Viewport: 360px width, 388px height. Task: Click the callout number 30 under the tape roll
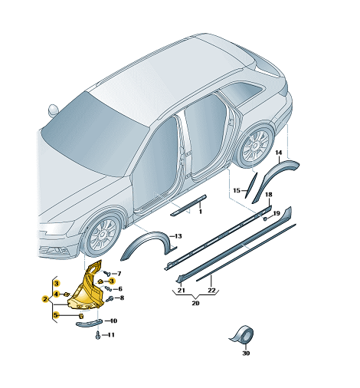(x=246, y=353)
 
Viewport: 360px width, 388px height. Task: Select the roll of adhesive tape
(x=243, y=334)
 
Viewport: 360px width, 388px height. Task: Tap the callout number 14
(x=279, y=153)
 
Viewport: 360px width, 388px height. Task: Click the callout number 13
(x=178, y=236)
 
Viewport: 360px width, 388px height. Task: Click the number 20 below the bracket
(x=195, y=303)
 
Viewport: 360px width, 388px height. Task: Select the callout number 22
(x=211, y=291)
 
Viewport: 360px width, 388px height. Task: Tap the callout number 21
(x=182, y=291)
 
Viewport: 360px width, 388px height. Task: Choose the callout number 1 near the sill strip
(x=201, y=212)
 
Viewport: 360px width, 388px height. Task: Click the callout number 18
(x=269, y=195)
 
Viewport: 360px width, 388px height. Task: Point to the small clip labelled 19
(x=265, y=219)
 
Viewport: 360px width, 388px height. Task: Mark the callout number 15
(x=237, y=190)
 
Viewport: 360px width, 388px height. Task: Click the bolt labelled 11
(x=98, y=335)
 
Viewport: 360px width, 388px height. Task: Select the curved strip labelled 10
(x=89, y=323)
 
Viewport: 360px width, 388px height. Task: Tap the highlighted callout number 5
(x=56, y=315)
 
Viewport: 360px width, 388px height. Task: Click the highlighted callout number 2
(x=45, y=299)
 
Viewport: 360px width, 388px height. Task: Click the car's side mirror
(x=54, y=110)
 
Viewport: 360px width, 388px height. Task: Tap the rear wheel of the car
(x=255, y=146)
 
